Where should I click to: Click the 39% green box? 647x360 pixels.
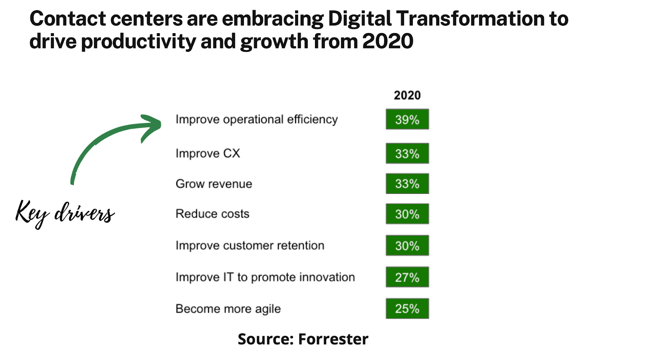pos(407,119)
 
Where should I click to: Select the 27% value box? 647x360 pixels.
pos(407,277)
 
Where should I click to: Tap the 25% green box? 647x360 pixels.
pos(407,309)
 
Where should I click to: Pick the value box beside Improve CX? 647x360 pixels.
pos(407,153)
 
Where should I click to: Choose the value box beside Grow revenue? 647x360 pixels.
pos(407,184)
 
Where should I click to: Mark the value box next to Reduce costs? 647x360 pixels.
pos(407,214)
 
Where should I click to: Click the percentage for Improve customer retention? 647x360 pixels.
pos(407,246)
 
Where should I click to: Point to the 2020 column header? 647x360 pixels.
pos(407,95)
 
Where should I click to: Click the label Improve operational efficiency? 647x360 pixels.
pos(256,120)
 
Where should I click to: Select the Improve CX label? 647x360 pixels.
pos(207,154)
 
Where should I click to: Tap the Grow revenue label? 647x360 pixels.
pos(214,184)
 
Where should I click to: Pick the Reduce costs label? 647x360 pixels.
pos(212,214)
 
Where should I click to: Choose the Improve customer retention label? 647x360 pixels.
pos(249,246)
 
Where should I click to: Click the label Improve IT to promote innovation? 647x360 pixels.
pos(265,277)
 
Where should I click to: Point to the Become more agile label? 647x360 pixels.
pos(228,309)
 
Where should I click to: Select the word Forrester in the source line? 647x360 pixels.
pos(333,339)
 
